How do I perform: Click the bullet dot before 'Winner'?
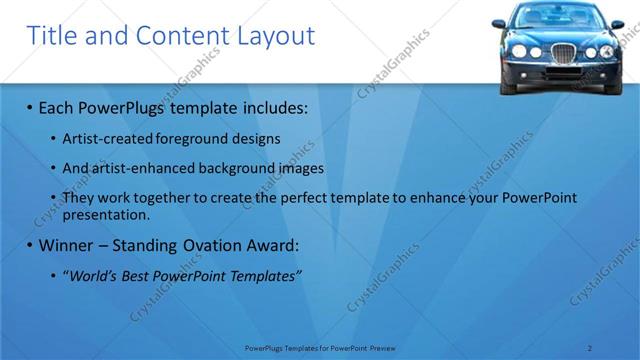[30, 246]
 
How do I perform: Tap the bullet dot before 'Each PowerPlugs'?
[30, 107]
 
